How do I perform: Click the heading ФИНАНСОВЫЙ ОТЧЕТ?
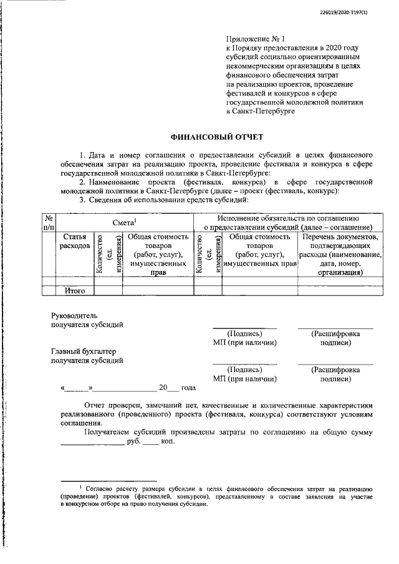tap(217, 136)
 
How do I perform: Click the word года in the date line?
tap(188, 388)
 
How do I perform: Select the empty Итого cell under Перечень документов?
tap(339, 290)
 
